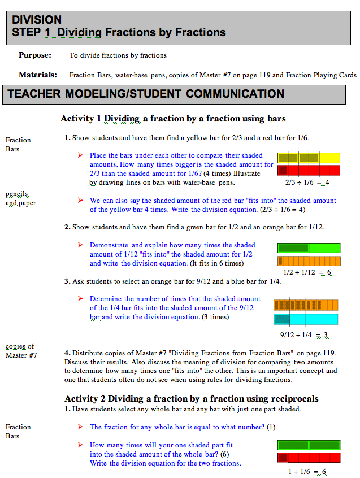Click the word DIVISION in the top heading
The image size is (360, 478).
pos(37,20)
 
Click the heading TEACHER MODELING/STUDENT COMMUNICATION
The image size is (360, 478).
pos(146,94)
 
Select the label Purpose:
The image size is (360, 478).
pos(35,55)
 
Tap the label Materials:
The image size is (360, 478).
pos(37,75)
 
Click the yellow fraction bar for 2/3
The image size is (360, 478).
pos(309,158)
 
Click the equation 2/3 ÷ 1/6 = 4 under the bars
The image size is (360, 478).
pos(307,183)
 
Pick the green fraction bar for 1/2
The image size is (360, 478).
pos(309,247)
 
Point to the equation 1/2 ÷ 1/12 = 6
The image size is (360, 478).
pos(307,273)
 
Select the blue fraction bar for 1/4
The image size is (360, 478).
pos(306,319)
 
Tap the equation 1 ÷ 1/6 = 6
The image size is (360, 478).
pos(307,472)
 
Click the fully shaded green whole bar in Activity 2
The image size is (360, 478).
pos(309,445)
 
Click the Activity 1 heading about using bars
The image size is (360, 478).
pos(173,119)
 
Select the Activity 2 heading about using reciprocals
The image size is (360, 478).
pos(191,398)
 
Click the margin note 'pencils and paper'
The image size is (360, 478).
pos(20,199)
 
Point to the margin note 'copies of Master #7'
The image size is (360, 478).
pos(21,351)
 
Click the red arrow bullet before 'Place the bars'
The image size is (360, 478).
pos(80,155)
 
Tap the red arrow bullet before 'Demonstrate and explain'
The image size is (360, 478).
pos(80,245)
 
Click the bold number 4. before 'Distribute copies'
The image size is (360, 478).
pos(67,353)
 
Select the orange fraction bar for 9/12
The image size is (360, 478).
pos(306,305)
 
